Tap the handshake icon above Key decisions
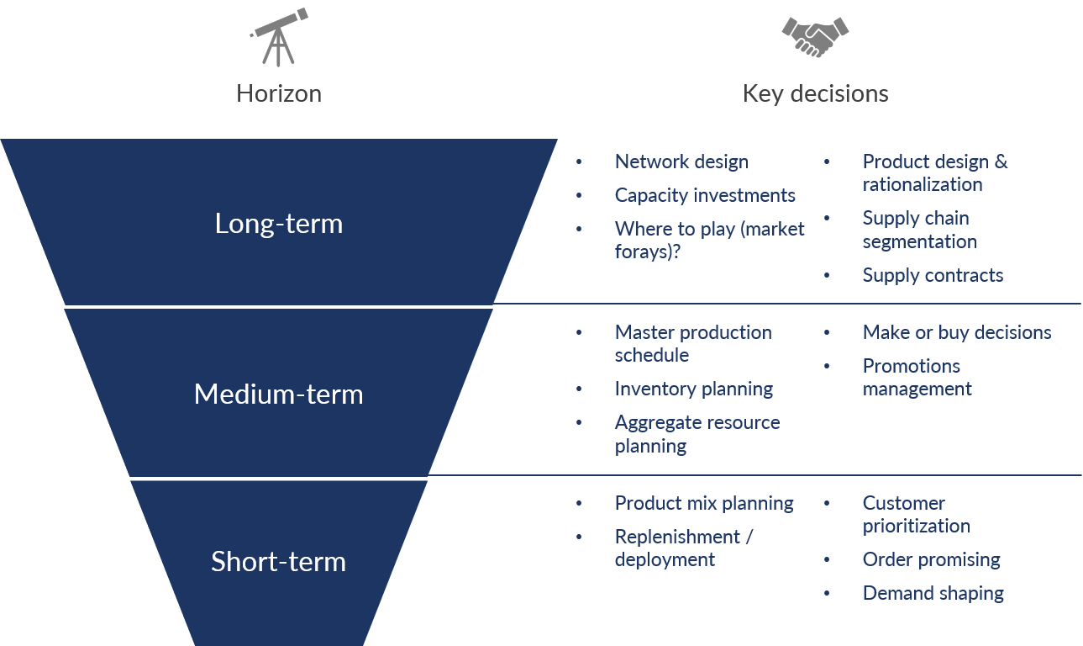[x=815, y=37]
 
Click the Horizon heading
[x=279, y=93]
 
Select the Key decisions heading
[x=816, y=93]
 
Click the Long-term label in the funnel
[x=279, y=224]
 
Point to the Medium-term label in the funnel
[x=278, y=394]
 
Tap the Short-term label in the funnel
[x=278, y=561]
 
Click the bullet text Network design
[x=681, y=162]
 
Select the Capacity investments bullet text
[x=705, y=195]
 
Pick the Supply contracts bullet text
[x=933, y=275]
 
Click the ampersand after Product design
[x=1001, y=161]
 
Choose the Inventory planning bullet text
[x=694, y=389]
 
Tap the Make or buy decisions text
[x=957, y=332]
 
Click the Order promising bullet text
[x=931, y=560]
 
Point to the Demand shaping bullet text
[x=933, y=593]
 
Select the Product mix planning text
[x=704, y=504]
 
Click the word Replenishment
[x=677, y=537]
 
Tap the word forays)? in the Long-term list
[x=648, y=252]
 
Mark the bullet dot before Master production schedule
[x=579, y=332]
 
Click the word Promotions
[x=912, y=366]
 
